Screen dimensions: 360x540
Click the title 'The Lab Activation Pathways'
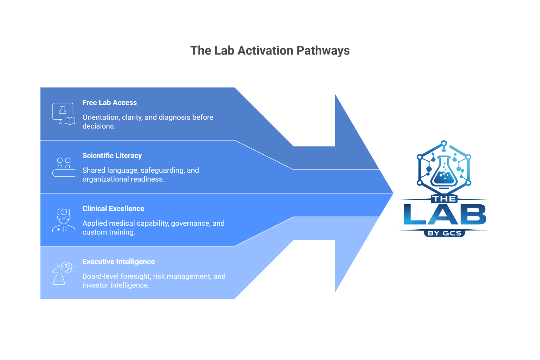pos(270,51)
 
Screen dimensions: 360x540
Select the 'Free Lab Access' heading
pos(109,103)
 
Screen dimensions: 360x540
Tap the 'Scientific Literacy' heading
pos(112,156)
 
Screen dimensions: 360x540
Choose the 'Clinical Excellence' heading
pos(113,209)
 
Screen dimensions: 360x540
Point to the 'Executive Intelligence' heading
pos(118,262)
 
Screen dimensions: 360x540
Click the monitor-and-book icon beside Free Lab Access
pos(64,114)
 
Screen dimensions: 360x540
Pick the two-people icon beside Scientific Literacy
pos(64,167)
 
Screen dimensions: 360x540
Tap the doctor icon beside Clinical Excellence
pos(64,220)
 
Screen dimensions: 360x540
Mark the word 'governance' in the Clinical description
pos(190,224)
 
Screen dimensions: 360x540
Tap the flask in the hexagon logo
pos(444,172)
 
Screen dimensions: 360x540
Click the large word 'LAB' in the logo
pos(445,214)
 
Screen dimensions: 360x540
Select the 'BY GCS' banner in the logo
pos(444,233)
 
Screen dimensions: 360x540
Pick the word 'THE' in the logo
pos(444,199)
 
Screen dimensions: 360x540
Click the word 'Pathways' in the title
pos(323,51)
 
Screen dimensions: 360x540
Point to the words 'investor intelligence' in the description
pos(115,285)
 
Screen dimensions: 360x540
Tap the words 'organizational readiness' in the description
pos(123,179)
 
